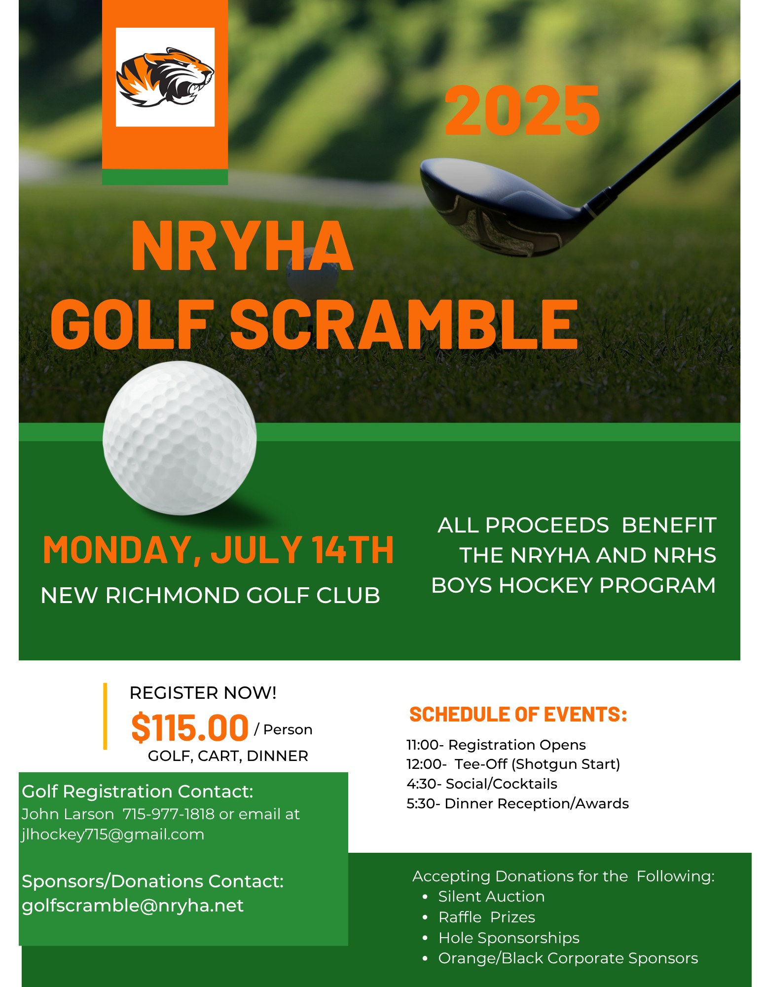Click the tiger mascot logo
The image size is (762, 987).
pyautogui.click(x=165, y=77)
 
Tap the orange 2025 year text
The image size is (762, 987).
pyautogui.click(x=522, y=111)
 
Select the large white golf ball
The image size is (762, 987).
pyautogui.click(x=180, y=438)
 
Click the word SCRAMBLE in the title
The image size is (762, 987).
pyautogui.click(x=403, y=325)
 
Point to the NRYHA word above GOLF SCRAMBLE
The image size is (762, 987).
pyautogui.click(x=242, y=246)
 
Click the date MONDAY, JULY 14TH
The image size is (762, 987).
pyautogui.click(x=218, y=550)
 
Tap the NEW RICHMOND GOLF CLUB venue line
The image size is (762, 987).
pyautogui.click(x=210, y=595)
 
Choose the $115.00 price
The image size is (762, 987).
pyautogui.click(x=190, y=728)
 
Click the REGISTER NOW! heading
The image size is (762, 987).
pyautogui.click(x=203, y=693)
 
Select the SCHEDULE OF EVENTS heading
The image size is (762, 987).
pyautogui.click(x=518, y=715)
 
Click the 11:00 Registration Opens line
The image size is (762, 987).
pyautogui.click(x=496, y=745)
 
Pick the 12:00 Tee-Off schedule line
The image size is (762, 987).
pyautogui.click(x=513, y=764)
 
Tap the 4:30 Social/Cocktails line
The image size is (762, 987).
pyautogui.click(x=482, y=784)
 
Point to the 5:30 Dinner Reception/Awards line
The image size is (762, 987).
pyautogui.click(x=517, y=803)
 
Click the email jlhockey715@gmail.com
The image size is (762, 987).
pyautogui.click(x=113, y=835)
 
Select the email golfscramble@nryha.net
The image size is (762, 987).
pyautogui.click(x=133, y=906)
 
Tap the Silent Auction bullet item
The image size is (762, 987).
pyautogui.click(x=491, y=896)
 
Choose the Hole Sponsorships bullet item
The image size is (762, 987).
pyautogui.click(x=508, y=938)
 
